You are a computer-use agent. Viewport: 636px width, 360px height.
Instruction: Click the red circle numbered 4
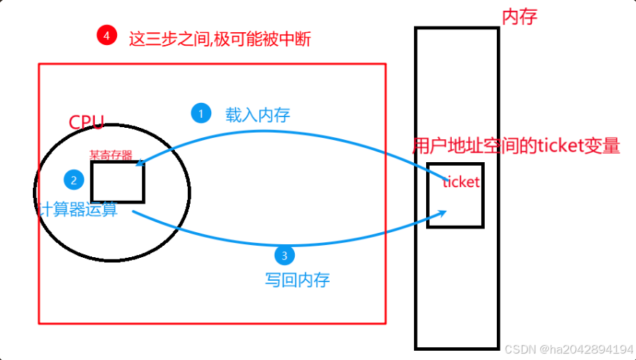point(106,34)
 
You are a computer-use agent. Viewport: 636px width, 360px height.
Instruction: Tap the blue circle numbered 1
point(201,113)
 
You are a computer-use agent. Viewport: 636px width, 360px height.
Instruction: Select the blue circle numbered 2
point(73,179)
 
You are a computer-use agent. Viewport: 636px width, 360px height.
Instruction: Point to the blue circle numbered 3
point(284,255)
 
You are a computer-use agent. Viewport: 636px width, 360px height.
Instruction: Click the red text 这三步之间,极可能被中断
point(219,38)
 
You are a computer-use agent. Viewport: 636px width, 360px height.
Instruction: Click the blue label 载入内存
point(258,114)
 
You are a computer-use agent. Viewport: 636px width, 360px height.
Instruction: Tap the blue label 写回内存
point(293,279)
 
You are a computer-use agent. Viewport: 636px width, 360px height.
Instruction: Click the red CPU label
point(86,122)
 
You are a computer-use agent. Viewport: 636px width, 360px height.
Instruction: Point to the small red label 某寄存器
point(111,154)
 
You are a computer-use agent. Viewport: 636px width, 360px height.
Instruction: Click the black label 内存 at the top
point(519,16)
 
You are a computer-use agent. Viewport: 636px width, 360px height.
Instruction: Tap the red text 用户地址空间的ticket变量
point(516,146)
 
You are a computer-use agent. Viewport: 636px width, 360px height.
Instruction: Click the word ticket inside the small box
point(461,182)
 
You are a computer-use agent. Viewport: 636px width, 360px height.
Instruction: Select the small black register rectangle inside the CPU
point(118,182)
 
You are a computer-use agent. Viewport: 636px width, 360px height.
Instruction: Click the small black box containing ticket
point(455,207)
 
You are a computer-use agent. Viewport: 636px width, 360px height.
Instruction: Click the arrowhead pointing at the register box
point(138,164)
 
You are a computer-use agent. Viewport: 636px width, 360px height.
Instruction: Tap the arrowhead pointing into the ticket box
point(443,211)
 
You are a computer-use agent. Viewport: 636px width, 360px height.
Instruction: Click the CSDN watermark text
point(568,349)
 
